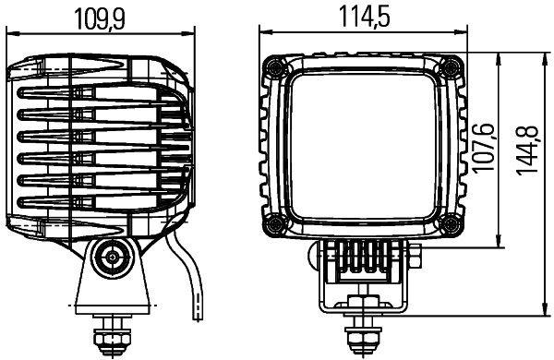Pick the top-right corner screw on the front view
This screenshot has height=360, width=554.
(450, 68)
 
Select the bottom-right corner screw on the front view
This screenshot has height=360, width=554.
(450, 224)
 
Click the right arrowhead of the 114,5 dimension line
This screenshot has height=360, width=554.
(462, 34)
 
